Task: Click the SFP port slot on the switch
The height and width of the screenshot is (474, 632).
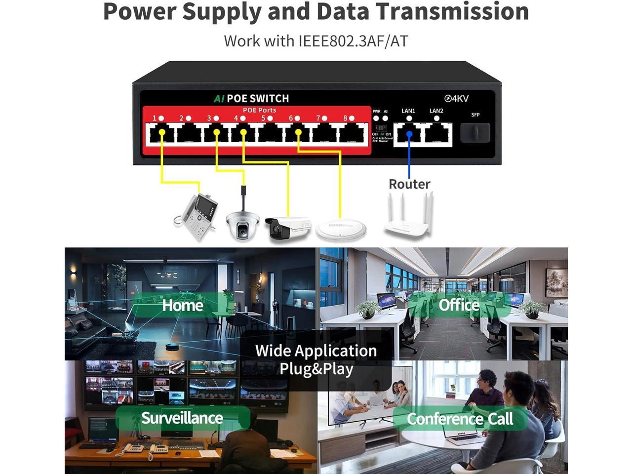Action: (x=475, y=132)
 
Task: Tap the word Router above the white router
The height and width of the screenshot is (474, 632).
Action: (x=409, y=184)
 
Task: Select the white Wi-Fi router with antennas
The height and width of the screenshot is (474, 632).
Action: (x=408, y=215)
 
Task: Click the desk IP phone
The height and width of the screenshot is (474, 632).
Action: (x=196, y=216)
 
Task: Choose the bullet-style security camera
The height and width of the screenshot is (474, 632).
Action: (x=288, y=228)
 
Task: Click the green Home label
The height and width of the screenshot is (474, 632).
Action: (x=183, y=305)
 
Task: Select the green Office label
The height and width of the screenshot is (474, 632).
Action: (x=459, y=305)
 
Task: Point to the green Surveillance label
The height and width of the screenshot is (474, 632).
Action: (x=182, y=418)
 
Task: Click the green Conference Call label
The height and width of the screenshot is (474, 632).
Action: (x=460, y=419)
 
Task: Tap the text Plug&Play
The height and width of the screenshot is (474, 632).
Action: (x=316, y=369)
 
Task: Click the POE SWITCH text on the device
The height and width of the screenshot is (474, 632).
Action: (x=258, y=98)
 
